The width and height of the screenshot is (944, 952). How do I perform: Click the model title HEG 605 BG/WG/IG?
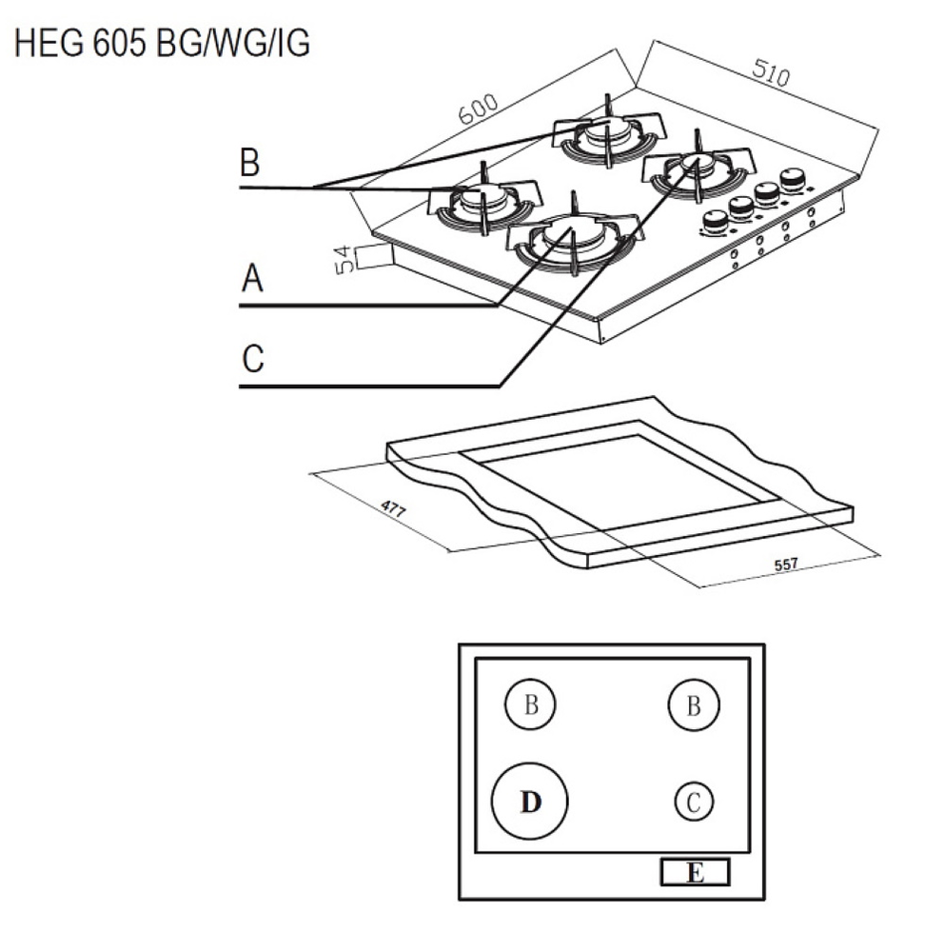(162, 43)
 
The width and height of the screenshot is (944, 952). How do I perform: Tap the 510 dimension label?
(769, 74)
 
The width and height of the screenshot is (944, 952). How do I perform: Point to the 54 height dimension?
(343, 258)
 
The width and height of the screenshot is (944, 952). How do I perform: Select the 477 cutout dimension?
(393, 507)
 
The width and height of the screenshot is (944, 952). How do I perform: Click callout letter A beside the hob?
(251, 279)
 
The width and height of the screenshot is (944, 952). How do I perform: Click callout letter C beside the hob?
(252, 360)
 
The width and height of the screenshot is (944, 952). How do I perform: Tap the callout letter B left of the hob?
(249, 164)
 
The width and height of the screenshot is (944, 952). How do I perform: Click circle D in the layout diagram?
(530, 802)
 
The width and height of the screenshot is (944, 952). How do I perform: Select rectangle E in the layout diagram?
(695, 872)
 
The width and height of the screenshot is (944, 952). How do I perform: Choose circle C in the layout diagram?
(694, 802)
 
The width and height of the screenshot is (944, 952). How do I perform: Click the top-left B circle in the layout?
(530, 705)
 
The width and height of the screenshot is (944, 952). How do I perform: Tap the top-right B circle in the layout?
(694, 705)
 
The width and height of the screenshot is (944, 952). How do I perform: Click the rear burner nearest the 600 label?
(606, 135)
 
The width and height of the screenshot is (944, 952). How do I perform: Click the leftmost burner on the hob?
(482, 201)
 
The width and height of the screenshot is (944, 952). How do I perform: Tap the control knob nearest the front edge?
(715, 222)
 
